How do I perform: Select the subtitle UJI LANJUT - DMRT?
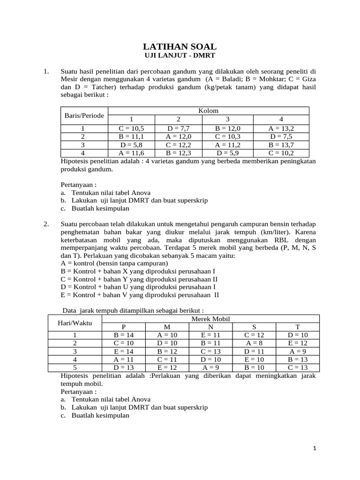(x=180, y=56)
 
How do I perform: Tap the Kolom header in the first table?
(x=208, y=111)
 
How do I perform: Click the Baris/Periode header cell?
(x=84, y=115)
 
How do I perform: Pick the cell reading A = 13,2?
(x=281, y=127)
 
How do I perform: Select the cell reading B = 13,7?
(x=281, y=144)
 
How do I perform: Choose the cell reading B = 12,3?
(x=178, y=153)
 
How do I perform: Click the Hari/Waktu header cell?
(x=75, y=323)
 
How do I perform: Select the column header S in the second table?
(x=255, y=327)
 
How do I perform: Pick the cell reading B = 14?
(x=124, y=336)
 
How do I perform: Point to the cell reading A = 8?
(x=255, y=344)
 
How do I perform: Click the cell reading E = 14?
(x=124, y=352)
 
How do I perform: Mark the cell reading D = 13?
(x=124, y=367)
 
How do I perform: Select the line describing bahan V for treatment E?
(x=140, y=295)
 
